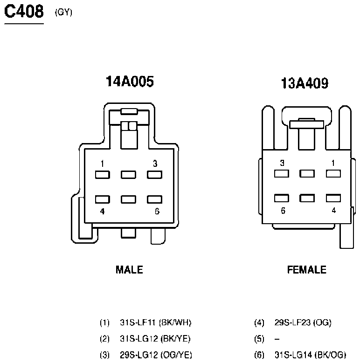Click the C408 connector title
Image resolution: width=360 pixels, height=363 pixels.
tap(24, 11)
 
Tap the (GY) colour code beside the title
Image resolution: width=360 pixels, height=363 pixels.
tap(63, 12)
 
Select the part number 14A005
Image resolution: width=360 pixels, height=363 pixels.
tap(130, 81)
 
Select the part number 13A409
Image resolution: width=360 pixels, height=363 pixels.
tap(305, 83)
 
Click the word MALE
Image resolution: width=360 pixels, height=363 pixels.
tap(129, 270)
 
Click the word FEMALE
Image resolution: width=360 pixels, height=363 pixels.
tap(307, 270)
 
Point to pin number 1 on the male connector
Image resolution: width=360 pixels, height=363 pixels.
tap(103, 164)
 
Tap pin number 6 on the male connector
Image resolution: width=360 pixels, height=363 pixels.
tap(157, 211)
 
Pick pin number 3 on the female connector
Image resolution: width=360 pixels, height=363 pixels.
tap(282, 163)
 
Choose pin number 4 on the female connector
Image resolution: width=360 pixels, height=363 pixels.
tap(333, 210)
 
